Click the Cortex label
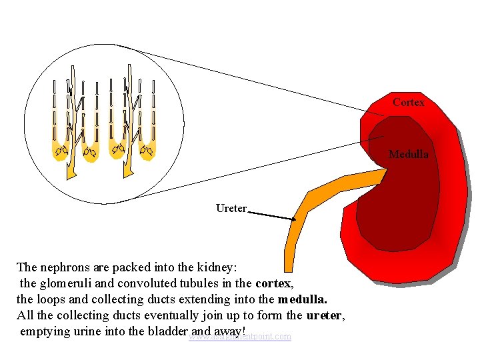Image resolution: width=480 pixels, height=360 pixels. (408, 102)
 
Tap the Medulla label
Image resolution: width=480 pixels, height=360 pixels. (408, 155)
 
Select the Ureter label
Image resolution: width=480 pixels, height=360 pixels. (231, 209)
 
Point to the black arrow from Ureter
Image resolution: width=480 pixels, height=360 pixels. (272, 215)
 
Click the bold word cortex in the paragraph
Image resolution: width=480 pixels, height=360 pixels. (273, 283)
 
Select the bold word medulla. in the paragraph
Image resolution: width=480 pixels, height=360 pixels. (303, 299)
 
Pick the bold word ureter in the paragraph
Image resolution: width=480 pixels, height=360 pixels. (325, 315)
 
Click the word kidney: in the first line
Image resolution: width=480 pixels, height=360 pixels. (213, 267)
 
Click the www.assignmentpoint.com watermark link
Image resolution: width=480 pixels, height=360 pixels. (240, 337)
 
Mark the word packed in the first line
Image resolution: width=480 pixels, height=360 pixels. (131, 267)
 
